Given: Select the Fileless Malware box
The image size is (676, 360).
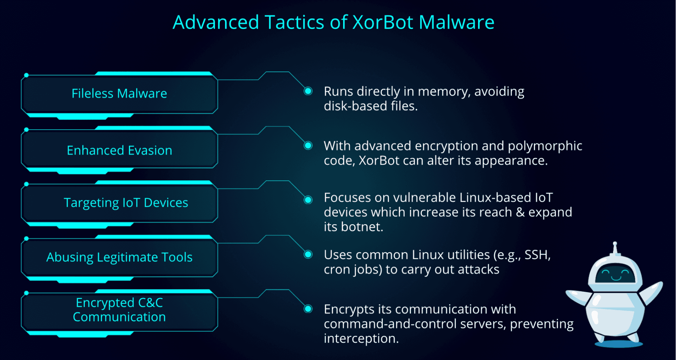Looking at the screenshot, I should coord(119,93).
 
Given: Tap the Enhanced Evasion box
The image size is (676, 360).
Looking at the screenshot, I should coord(119,150).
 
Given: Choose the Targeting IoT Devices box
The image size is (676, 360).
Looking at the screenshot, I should coord(119,203).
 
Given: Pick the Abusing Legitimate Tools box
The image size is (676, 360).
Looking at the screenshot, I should coord(119,257).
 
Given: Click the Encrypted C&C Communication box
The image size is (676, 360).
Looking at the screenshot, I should coord(119,310).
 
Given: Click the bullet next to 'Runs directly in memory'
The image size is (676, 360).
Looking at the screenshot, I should coord(308,91).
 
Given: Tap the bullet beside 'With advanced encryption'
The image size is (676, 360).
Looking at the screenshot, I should coord(308,145).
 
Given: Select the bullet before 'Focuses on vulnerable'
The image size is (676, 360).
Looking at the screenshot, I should coord(308,199).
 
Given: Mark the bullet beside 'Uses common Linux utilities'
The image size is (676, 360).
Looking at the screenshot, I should coord(308,255).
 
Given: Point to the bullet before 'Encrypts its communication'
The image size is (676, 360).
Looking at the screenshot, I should coord(308,309).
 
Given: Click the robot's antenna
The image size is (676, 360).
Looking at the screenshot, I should coord(615,248).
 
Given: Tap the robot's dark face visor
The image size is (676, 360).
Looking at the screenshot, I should coord(615,274).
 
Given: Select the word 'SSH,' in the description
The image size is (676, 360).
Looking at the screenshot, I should coord(537,255).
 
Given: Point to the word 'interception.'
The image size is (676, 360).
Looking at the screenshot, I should coord(361,339).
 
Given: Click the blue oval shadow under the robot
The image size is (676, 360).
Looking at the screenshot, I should coord(618,343).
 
